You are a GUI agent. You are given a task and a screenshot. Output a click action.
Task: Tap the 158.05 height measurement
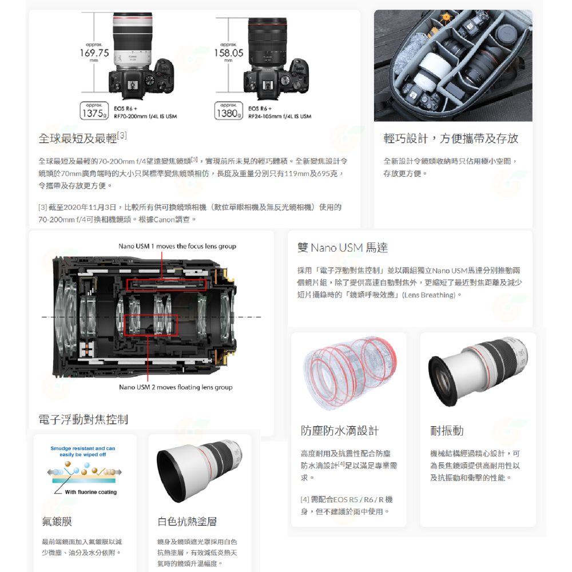tap(228, 53)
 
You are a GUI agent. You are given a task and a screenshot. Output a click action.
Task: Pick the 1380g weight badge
tap(229, 112)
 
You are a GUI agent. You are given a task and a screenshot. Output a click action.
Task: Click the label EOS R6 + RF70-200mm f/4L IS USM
tap(145, 112)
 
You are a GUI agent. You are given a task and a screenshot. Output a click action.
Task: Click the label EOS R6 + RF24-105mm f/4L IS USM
tap(280, 112)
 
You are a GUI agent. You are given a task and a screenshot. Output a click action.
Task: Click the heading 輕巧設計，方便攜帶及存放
tap(451, 138)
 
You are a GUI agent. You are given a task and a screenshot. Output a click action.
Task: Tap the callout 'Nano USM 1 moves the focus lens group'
tap(177, 246)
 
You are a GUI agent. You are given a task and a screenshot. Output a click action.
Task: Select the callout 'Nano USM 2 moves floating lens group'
tap(176, 387)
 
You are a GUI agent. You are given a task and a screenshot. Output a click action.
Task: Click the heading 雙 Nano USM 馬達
tap(343, 248)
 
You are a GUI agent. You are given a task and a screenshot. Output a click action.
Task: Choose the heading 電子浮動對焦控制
tap(83, 419)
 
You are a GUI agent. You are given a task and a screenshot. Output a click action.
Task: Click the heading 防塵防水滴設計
tap(340, 431)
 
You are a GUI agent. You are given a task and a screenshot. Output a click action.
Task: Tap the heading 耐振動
tap(447, 431)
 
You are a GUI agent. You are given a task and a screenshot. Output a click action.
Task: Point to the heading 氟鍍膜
tap(57, 522)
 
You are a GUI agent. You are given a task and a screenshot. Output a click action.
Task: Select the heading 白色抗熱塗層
tap(187, 522)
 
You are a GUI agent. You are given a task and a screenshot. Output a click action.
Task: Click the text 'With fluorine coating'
tap(90, 492)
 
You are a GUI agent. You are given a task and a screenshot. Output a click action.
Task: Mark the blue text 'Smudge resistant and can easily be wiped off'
tap(83, 451)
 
